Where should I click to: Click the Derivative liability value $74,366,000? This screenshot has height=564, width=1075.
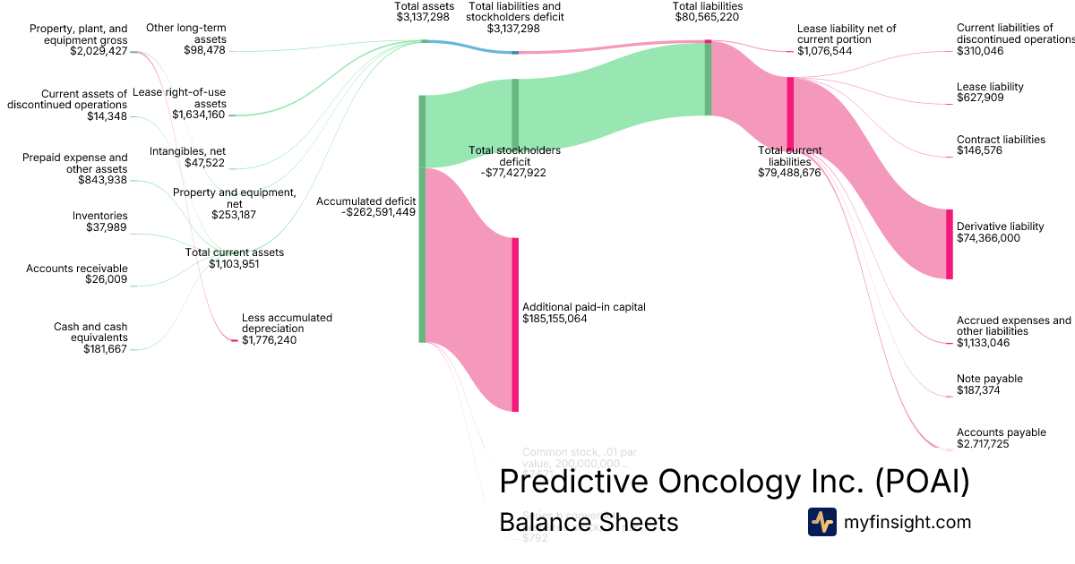[x=988, y=238]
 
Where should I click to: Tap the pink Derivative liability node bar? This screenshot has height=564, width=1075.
[x=950, y=244]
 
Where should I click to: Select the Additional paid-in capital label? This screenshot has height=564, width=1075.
[x=583, y=307]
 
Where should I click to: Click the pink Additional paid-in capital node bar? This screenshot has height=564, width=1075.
[x=515, y=324]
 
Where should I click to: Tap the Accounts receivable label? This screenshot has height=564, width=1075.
[x=77, y=269]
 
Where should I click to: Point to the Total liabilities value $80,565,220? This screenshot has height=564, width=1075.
[x=708, y=16]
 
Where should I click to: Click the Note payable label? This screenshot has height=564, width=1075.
[x=989, y=379]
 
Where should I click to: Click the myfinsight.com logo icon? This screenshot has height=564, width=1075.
[x=821, y=522]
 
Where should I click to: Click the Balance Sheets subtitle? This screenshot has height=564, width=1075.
[x=589, y=522]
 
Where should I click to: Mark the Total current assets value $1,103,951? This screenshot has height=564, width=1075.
[x=234, y=264]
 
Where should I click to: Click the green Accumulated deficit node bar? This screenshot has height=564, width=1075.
[x=422, y=218]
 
